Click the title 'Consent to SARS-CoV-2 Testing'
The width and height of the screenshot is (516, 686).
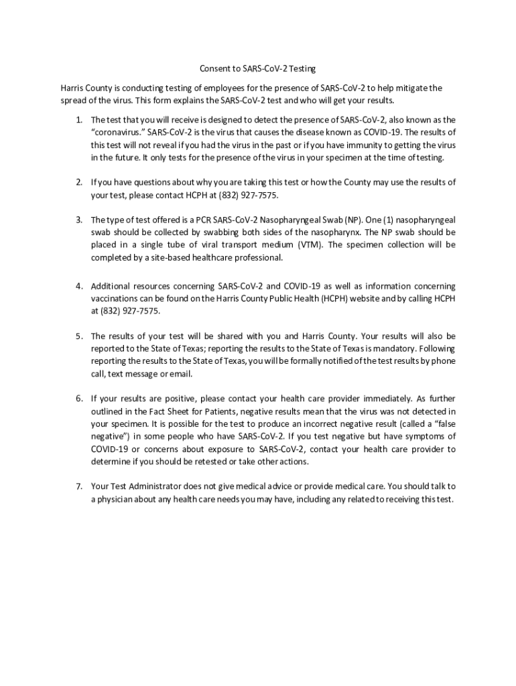[257, 69]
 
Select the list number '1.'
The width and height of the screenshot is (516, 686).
[78, 119]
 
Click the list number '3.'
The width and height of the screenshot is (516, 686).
[78, 220]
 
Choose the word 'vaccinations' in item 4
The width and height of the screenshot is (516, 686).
[114, 299]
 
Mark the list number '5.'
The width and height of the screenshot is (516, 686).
[78, 336]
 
